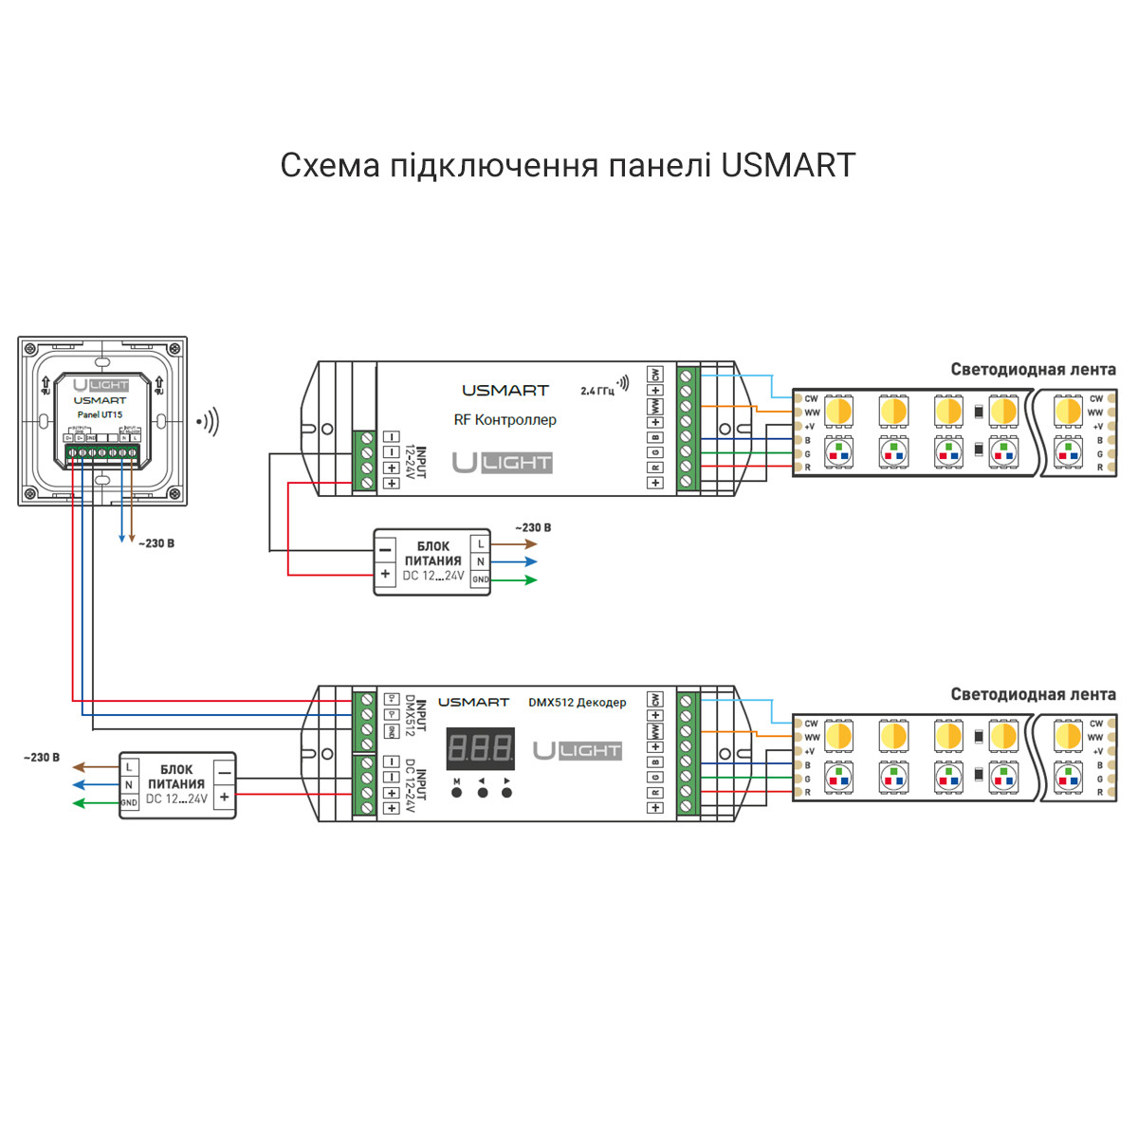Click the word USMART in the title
pyautogui.click(x=788, y=166)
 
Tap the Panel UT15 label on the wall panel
pyautogui.click(x=100, y=414)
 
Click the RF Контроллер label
pyautogui.click(x=505, y=419)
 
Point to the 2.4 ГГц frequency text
pyautogui.click(x=597, y=391)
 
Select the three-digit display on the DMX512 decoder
pyautogui.click(x=481, y=749)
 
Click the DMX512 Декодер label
pyautogui.click(x=577, y=703)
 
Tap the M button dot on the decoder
pyautogui.click(x=456, y=792)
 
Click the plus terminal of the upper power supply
pyautogui.click(x=385, y=575)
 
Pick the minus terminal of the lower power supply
pyautogui.click(x=224, y=774)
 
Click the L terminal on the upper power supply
pyautogui.click(x=481, y=544)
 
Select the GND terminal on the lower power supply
pyautogui.click(x=129, y=802)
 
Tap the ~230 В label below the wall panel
pyautogui.click(x=156, y=543)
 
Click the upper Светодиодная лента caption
pyautogui.click(x=1033, y=370)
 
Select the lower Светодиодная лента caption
pyautogui.click(x=1033, y=695)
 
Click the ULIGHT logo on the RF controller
pyautogui.click(x=502, y=463)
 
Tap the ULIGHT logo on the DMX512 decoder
pyautogui.click(x=577, y=750)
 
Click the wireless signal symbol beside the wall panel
pyautogui.click(x=208, y=421)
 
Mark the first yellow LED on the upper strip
pyautogui.click(x=838, y=411)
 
